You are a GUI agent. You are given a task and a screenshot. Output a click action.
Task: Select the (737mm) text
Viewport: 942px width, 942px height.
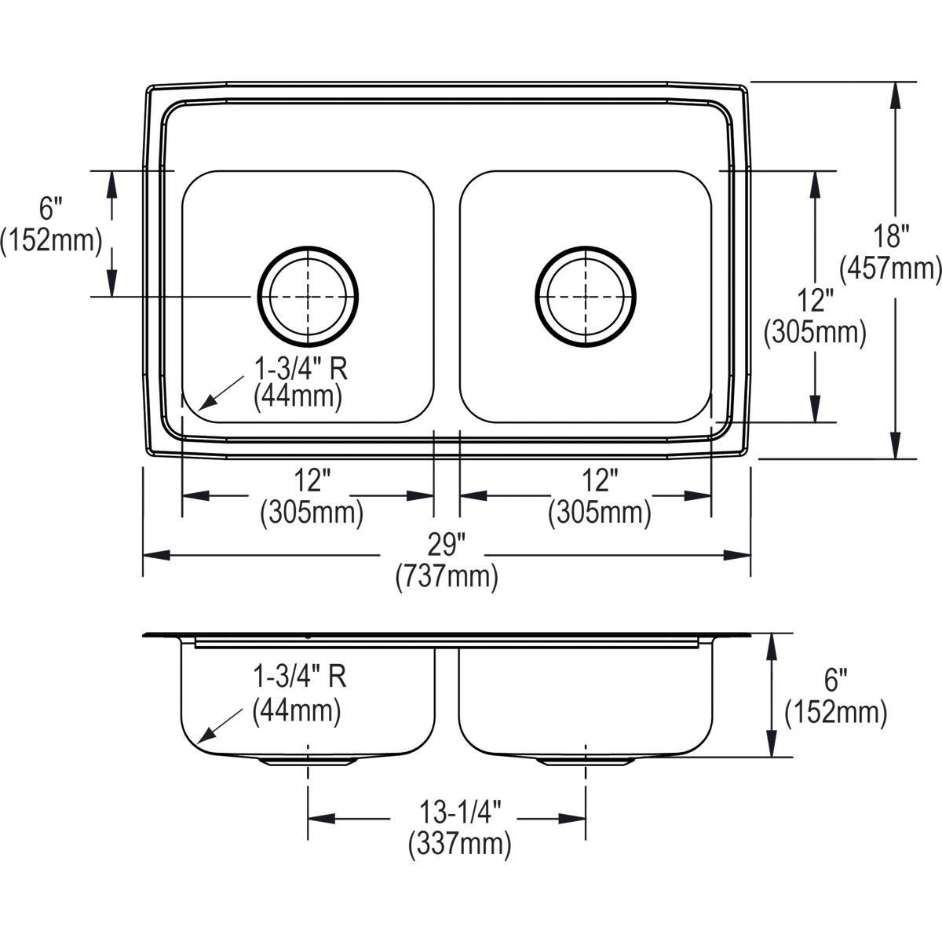point(447,577)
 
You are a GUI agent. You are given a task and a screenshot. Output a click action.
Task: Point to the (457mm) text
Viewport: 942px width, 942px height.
point(891,268)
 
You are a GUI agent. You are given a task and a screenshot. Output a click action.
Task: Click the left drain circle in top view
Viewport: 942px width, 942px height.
point(308,296)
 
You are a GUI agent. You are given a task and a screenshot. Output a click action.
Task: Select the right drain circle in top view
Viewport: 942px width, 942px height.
point(586,296)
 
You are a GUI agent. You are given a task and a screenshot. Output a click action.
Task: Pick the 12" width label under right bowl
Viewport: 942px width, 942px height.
point(600,481)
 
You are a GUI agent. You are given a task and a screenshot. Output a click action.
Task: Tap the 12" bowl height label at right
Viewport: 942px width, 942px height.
point(815,300)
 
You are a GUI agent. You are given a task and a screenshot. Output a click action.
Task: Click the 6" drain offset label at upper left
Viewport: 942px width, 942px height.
point(51,208)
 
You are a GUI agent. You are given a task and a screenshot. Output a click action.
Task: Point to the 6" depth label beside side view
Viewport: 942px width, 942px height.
point(835,681)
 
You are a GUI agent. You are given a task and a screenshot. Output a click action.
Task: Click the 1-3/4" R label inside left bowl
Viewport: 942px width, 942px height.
point(300,370)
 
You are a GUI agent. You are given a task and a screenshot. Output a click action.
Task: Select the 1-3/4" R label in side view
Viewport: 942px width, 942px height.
point(299,677)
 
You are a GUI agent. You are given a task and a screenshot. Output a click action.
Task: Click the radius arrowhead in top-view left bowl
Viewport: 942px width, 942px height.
point(206,403)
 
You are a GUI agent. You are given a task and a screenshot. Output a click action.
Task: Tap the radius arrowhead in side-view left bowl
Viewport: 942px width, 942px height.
point(205,734)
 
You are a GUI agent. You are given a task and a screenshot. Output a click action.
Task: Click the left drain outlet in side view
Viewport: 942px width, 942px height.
point(308,761)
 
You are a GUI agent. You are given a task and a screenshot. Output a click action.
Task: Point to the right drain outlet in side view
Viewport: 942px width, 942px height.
point(586,761)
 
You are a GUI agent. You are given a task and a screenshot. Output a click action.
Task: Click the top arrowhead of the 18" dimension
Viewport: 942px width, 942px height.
point(895,95)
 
